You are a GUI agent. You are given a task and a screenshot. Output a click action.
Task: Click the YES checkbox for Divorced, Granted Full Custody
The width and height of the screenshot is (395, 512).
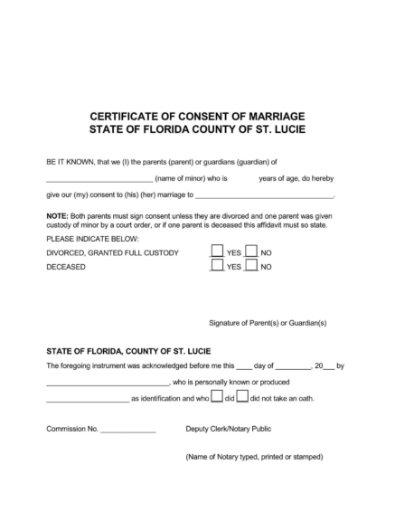point(217,253)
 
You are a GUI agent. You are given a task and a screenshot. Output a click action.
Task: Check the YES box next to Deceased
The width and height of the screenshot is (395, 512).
point(217,267)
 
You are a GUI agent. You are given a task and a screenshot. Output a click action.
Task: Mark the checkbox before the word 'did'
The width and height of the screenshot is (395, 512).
point(217,397)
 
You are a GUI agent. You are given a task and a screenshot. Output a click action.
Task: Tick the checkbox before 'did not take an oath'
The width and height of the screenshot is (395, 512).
point(243,397)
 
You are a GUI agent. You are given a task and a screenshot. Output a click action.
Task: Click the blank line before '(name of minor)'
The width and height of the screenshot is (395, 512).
point(99,182)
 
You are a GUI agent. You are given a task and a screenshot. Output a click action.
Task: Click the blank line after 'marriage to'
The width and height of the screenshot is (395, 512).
point(265,196)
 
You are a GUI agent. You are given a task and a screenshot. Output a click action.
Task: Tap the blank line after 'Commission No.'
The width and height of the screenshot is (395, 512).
point(128,431)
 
